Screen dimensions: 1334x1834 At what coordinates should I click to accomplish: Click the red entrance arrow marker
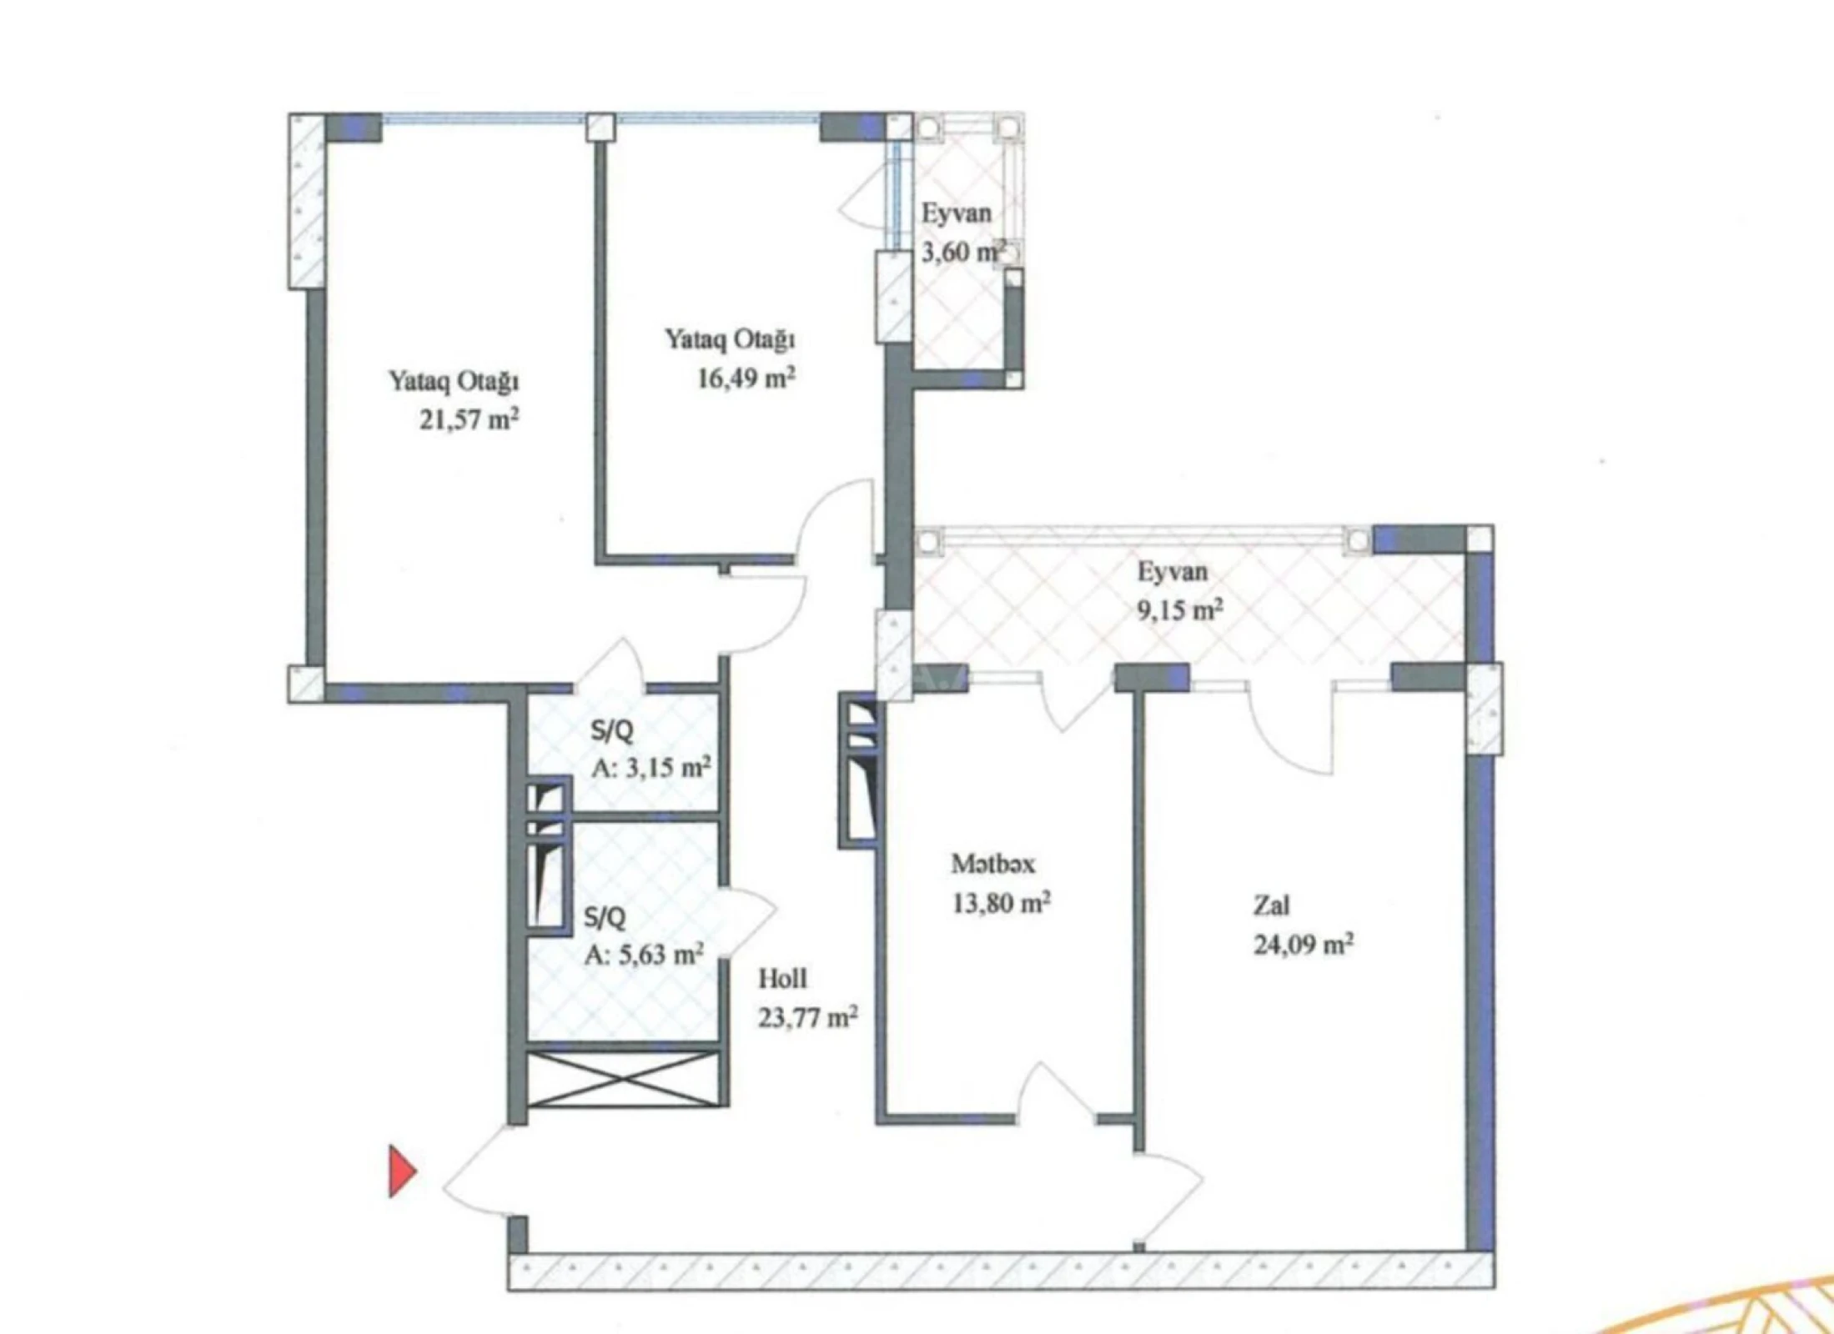coord(401,1171)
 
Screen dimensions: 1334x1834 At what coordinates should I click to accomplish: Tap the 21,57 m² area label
coord(469,419)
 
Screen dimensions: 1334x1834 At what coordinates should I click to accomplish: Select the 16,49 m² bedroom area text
coord(746,378)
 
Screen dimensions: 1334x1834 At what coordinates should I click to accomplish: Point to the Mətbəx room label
coord(992,864)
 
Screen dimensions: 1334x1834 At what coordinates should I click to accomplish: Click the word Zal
coord(1271,905)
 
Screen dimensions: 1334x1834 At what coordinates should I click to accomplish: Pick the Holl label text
coord(782,978)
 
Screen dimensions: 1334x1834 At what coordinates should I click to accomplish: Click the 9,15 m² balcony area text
coord(1180,610)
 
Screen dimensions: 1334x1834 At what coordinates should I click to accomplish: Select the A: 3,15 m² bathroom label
coord(651,766)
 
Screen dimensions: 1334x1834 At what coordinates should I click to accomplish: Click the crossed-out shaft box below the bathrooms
coord(624,1079)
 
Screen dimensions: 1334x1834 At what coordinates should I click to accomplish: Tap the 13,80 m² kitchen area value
coord(1001,902)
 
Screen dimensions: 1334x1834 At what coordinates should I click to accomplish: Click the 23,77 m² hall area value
coord(807,1017)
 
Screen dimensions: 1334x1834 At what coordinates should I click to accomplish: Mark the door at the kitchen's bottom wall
coord(1058,1092)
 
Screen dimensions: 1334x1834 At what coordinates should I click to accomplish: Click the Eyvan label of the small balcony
coord(956,213)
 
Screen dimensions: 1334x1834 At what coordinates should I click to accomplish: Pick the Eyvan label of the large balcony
coord(1172,572)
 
